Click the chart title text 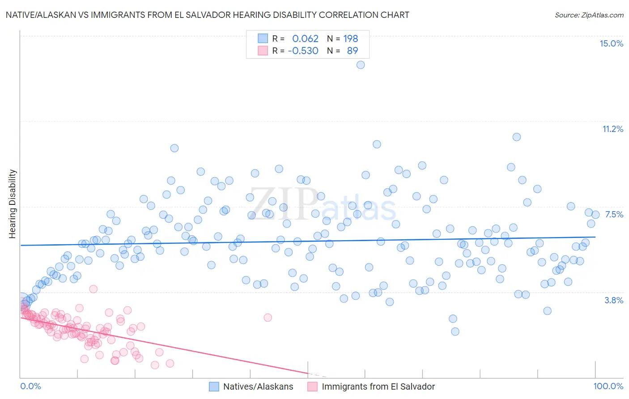pos(207,15)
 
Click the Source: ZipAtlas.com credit pos(589,15)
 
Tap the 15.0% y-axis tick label pos(611,43)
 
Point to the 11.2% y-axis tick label pos(612,129)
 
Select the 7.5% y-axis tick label pos(614,214)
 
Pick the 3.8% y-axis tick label pos(614,300)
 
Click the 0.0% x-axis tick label pos(30,386)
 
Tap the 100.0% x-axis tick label pos(608,386)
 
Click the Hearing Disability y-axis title pos(13,204)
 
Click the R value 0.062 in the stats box pos(305,38)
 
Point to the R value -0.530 pos(303,51)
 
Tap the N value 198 pos(350,38)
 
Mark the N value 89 pos(352,51)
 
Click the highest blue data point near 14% pos(360,65)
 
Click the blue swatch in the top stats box pos(263,38)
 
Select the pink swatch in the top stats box pos(263,51)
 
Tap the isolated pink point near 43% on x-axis pos(268,317)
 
